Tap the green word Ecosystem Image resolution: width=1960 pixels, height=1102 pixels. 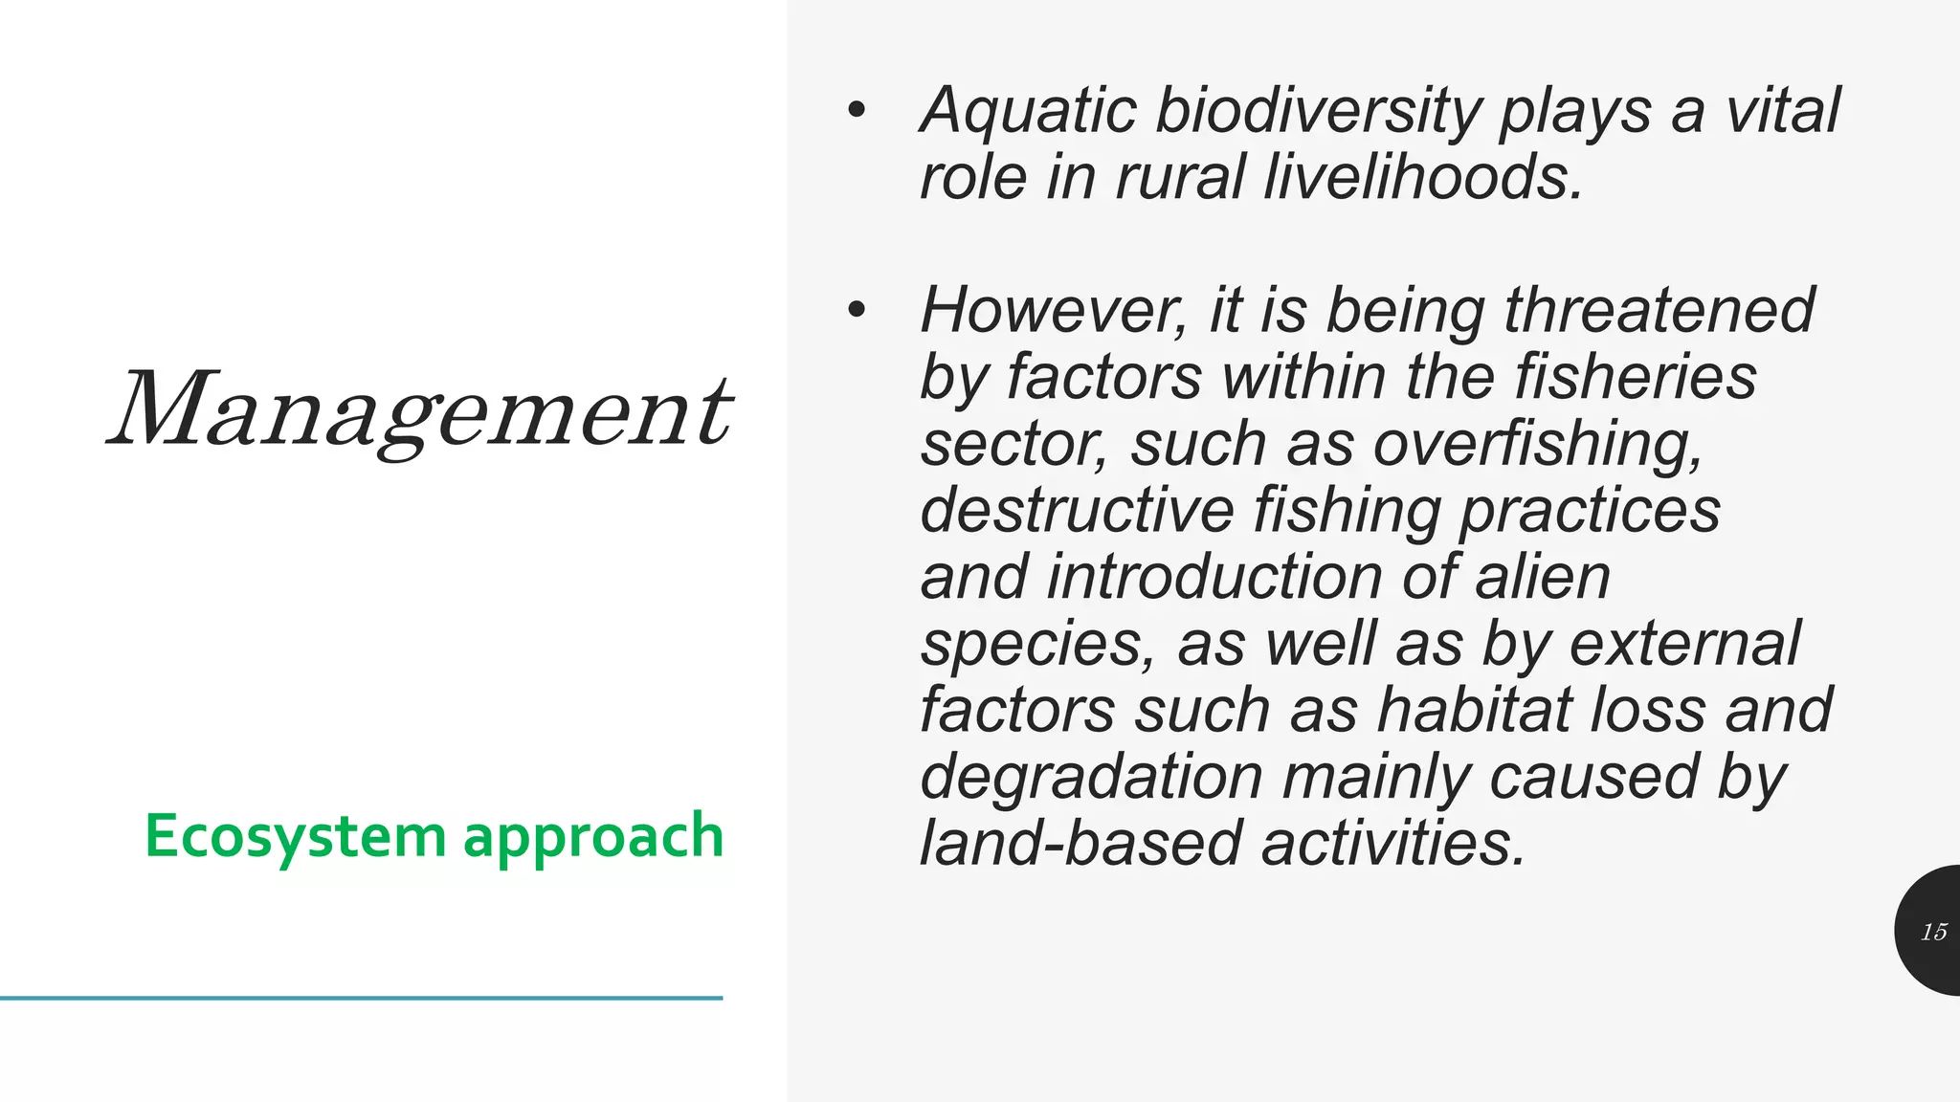[x=296, y=836]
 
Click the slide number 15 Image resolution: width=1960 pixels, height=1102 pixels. [x=1933, y=932]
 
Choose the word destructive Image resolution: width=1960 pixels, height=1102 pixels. [x=1078, y=510]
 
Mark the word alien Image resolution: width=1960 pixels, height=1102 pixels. [x=1543, y=577]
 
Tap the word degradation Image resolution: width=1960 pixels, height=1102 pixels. [x=1091, y=777]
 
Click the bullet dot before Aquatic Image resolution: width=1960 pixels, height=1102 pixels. [x=856, y=111]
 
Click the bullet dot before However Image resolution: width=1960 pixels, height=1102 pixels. [x=856, y=310]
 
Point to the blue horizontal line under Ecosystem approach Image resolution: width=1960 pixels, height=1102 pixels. [x=361, y=998]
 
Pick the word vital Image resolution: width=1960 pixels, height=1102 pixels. [x=1783, y=111]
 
